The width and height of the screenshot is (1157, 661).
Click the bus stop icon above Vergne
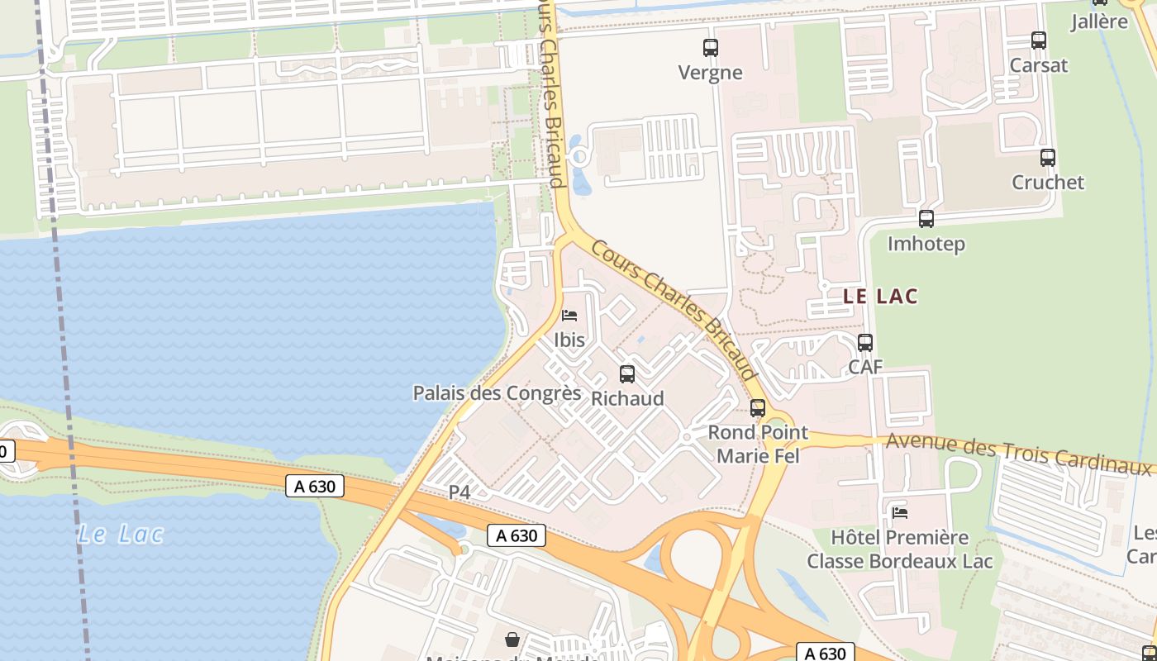point(710,47)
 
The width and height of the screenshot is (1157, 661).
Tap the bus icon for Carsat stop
point(1039,40)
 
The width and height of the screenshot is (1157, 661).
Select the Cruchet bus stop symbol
point(1048,157)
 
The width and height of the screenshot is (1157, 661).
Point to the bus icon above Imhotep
point(926,219)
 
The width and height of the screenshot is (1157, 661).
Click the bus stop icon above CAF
point(865,342)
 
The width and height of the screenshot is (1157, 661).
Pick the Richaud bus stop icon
point(627,373)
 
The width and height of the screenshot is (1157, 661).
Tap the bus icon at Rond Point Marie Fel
point(758,407)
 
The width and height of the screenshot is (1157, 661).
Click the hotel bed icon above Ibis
point(569,315)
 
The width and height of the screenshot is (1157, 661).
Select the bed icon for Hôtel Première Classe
point(900,512)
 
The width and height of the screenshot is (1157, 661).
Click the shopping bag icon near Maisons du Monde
point(512,639)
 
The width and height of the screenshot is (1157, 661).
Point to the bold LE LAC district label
point(880,297)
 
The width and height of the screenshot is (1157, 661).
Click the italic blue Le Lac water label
point(121,534)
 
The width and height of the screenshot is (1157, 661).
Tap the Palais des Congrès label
point(497,392)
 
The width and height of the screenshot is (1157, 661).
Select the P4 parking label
point(459,492)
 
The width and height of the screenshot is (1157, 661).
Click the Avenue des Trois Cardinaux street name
point(1017,453)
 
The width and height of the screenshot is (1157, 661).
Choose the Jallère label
point(1099,21)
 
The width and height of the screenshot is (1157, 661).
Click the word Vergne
point(710,73)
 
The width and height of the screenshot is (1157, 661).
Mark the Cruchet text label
point(1048,182)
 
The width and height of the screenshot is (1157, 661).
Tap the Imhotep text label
point(926,244)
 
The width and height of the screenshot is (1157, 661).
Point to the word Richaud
point(627,398)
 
